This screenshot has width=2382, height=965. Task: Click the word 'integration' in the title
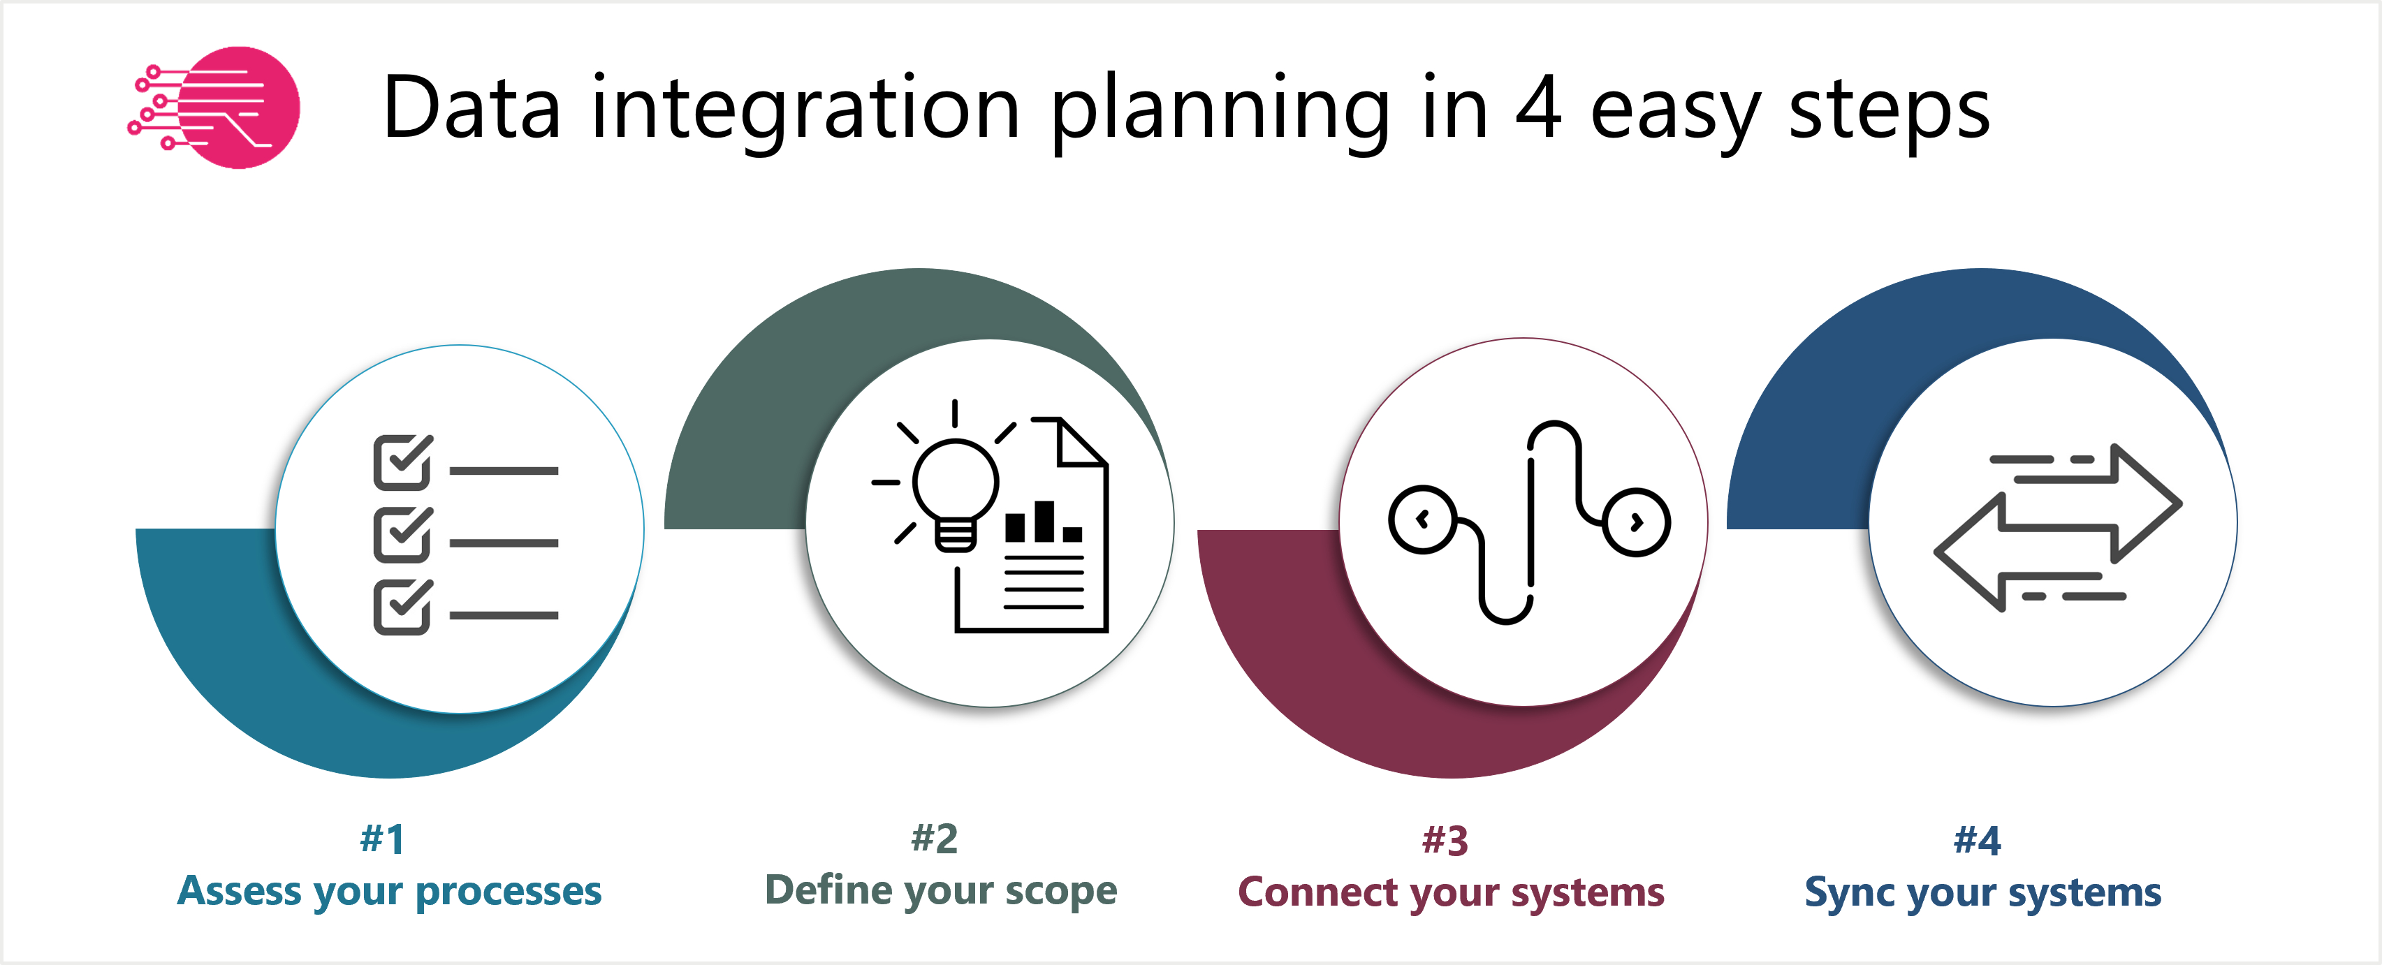pos(805,109)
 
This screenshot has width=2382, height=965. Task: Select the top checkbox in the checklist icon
pos(402,462)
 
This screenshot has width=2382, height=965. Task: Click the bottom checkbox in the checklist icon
pos(402,607)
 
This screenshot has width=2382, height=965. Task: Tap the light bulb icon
pos(954,490)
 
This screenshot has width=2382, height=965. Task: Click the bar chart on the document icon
pos(1043,523)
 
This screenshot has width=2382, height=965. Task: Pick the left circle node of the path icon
pos(1422,520)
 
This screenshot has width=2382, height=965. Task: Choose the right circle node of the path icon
pos(1637,522)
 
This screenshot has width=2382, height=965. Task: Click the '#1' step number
pos(382,839)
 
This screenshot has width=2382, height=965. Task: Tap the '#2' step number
pos(934,839)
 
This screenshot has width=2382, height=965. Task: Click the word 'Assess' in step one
pos(240,891)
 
